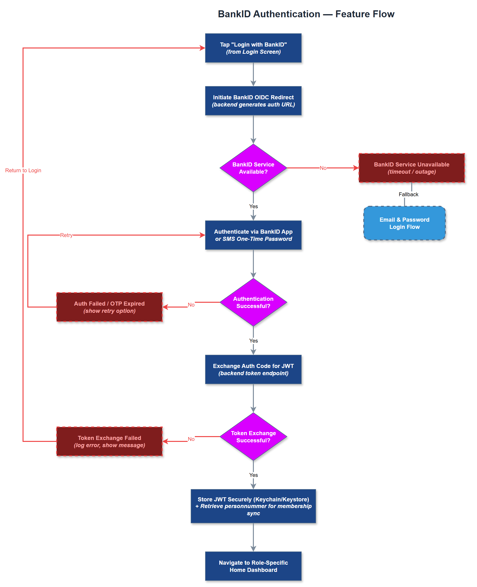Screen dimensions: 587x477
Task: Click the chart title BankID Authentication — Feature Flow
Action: coord(306,14)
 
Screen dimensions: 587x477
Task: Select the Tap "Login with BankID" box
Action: coord(253,48)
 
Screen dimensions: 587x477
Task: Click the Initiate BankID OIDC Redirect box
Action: coord(253,101)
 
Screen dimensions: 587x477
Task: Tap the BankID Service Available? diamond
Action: coord(253,168)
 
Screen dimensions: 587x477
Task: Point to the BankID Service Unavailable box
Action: coord(411,168)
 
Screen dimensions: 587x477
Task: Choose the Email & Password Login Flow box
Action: coord(404,223)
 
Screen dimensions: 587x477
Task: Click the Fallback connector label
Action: coord(408,195)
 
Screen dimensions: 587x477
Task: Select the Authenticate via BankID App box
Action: coord(253,235)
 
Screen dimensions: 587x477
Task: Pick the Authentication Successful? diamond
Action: coord(253,302)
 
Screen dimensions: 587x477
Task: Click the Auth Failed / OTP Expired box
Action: coord(109,307)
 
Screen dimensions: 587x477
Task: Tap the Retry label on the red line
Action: coord(66,235)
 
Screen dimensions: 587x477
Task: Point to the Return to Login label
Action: coord(23,170)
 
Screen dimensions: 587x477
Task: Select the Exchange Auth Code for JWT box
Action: coord(253,369)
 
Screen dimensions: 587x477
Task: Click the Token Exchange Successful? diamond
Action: coord(253,437)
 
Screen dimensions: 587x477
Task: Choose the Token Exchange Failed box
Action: coord(109,441)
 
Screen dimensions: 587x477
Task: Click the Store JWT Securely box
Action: coord(253,506)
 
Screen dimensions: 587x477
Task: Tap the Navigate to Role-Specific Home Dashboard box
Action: coord(253,566)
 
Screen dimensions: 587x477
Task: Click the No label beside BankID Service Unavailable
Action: coord(323,168)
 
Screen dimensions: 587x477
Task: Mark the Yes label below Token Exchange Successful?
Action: coord(253,475)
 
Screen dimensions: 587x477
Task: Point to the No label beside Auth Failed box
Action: coord(191,305)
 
